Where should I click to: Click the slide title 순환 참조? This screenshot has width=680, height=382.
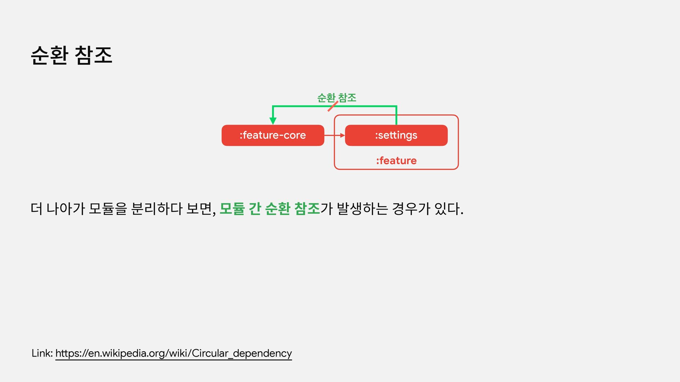(72, 56)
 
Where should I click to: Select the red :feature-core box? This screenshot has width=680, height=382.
(273, 135)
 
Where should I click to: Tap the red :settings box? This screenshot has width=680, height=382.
(396, 135)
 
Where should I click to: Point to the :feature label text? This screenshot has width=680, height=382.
(396, 161)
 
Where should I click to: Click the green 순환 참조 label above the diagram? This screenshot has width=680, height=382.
(336, 97)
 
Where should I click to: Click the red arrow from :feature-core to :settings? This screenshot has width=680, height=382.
(334, 135)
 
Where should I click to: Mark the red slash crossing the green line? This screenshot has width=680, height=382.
(333, 106)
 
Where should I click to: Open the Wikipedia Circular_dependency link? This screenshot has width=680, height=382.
(174, 353)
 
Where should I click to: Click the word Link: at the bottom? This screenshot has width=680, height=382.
(42, 353)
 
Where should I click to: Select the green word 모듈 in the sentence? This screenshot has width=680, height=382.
(232, 209)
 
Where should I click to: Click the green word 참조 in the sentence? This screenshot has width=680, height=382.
(307, 209)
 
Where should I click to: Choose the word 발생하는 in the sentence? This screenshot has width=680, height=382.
(362, 209)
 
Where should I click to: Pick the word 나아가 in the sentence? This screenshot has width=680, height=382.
(66, 209)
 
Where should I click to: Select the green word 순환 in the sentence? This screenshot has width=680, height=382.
(278, 209)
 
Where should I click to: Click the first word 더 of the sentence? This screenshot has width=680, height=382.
(36, 209)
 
